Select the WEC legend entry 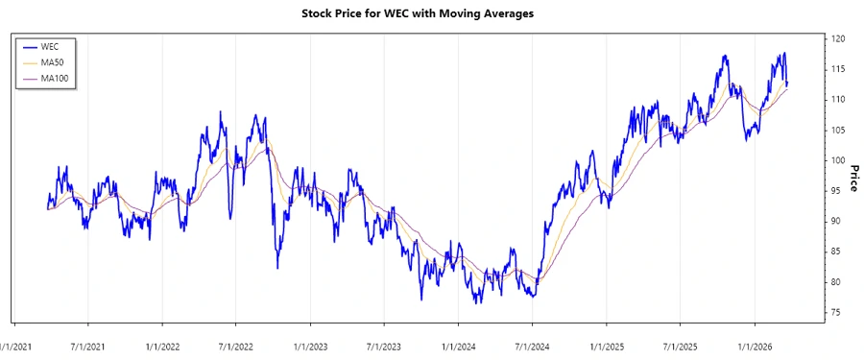[x=50, y=46]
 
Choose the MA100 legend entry [x=56, y=78]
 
